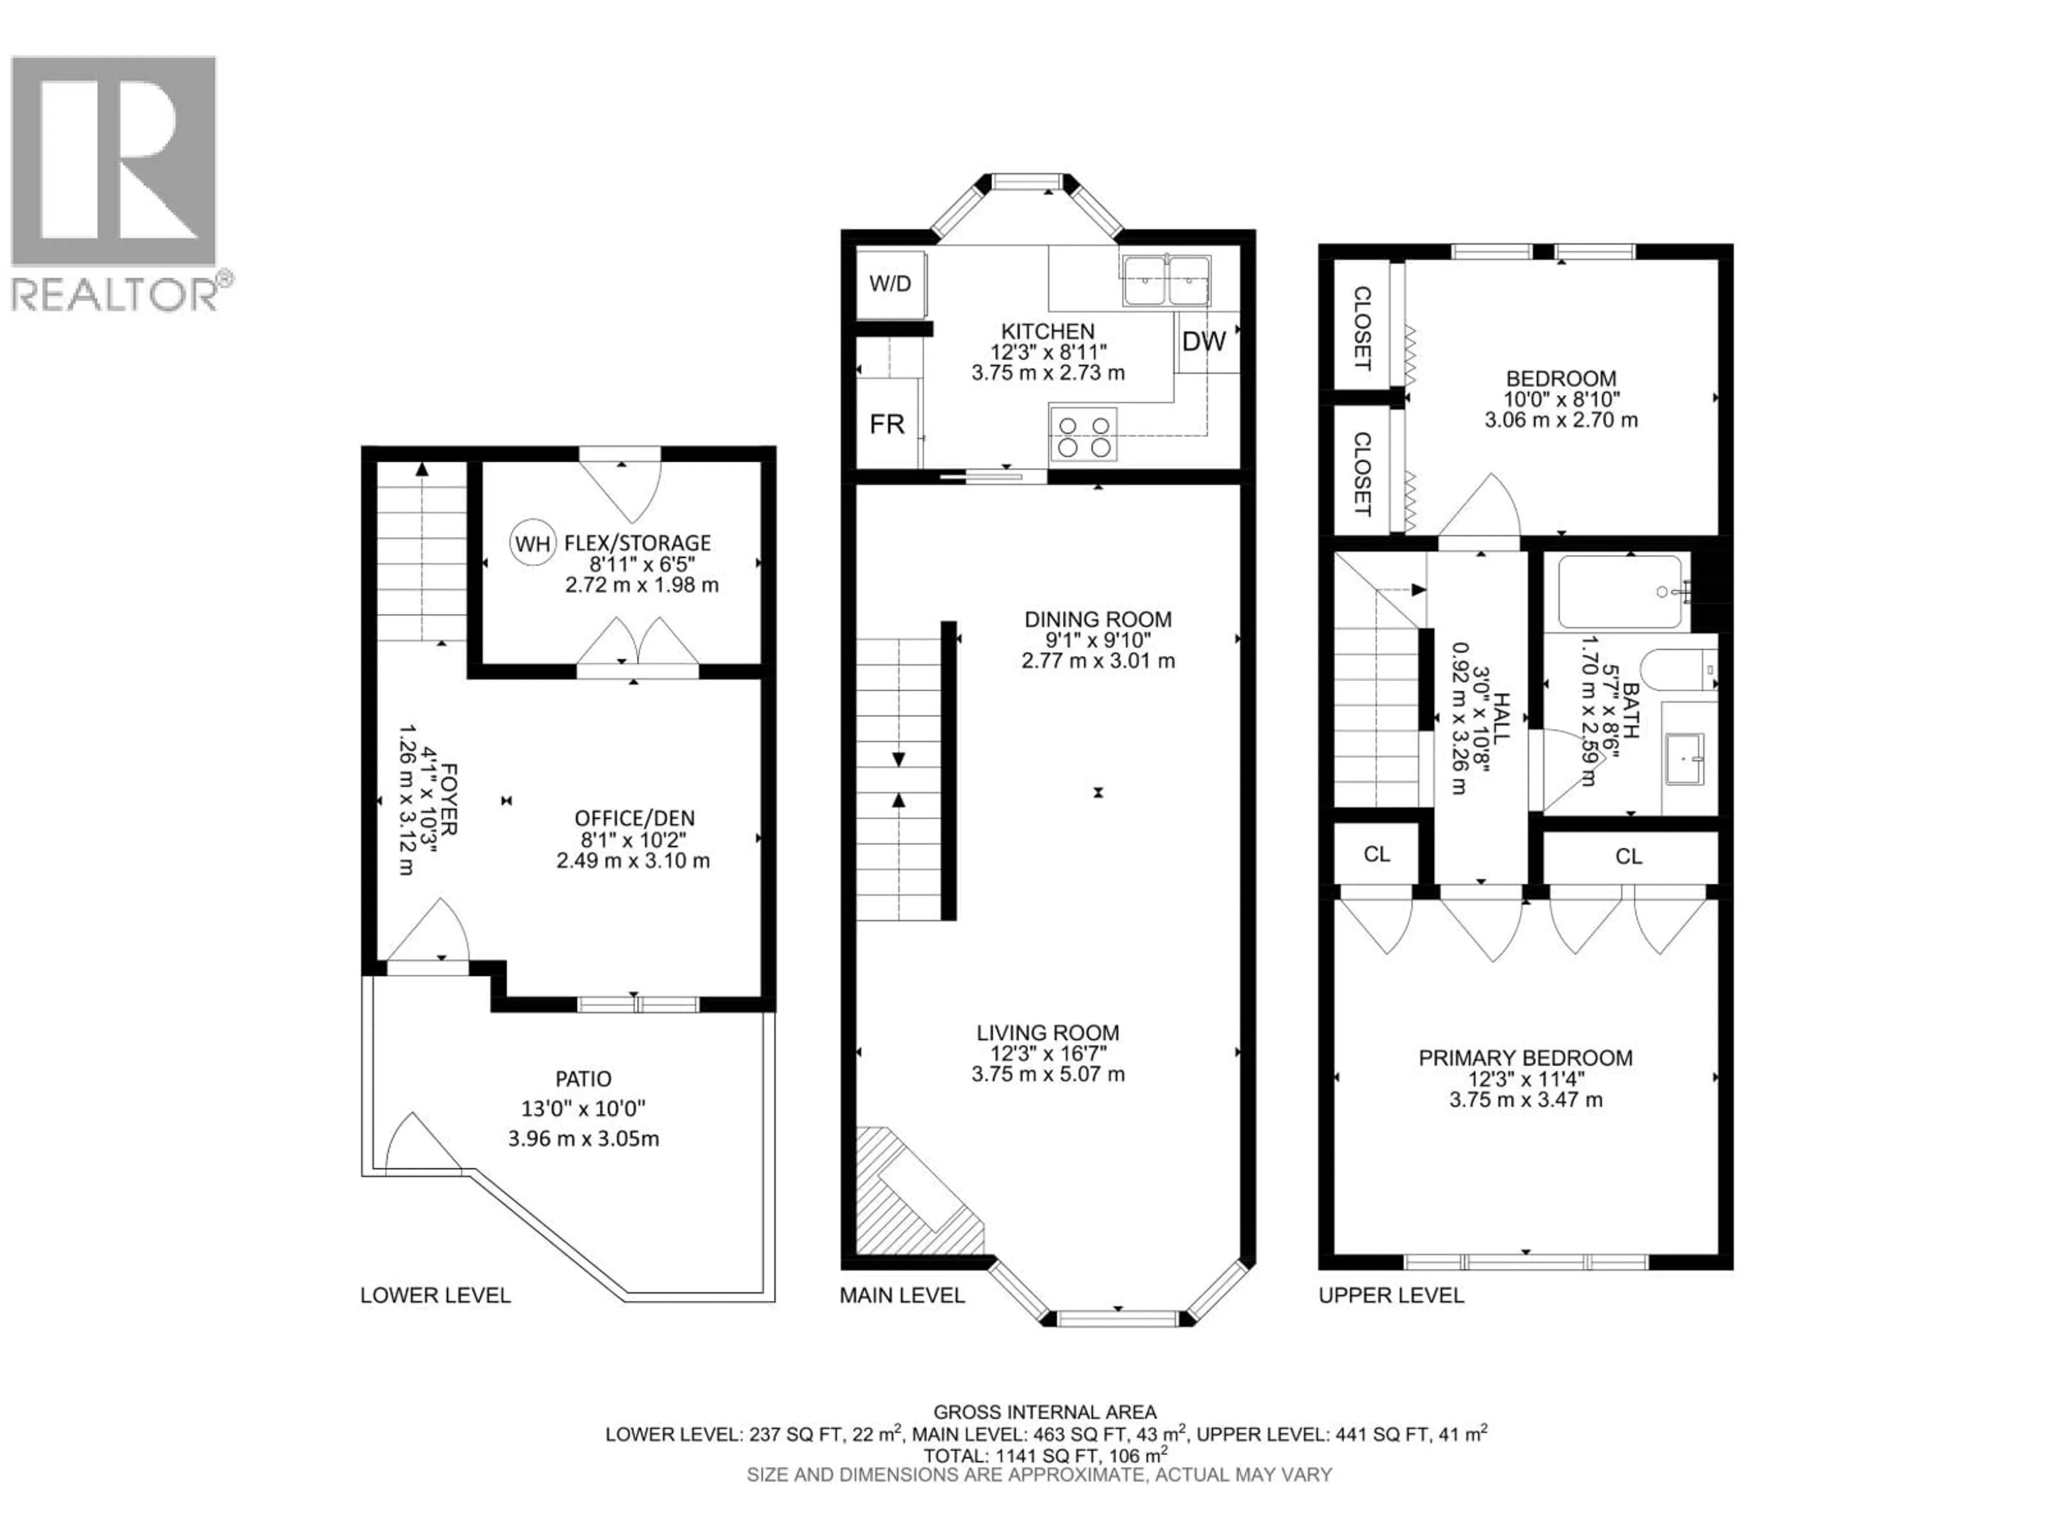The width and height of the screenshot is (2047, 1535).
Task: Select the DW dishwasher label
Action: [1204, 342]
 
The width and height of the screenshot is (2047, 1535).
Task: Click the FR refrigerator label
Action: [887, 425]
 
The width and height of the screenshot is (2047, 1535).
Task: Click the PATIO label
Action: [583, 1079]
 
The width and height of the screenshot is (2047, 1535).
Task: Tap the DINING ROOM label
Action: [1098, 619]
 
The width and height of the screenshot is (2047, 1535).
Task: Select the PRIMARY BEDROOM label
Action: [1525, 1057]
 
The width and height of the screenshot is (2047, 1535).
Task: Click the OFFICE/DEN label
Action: [634, 818]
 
